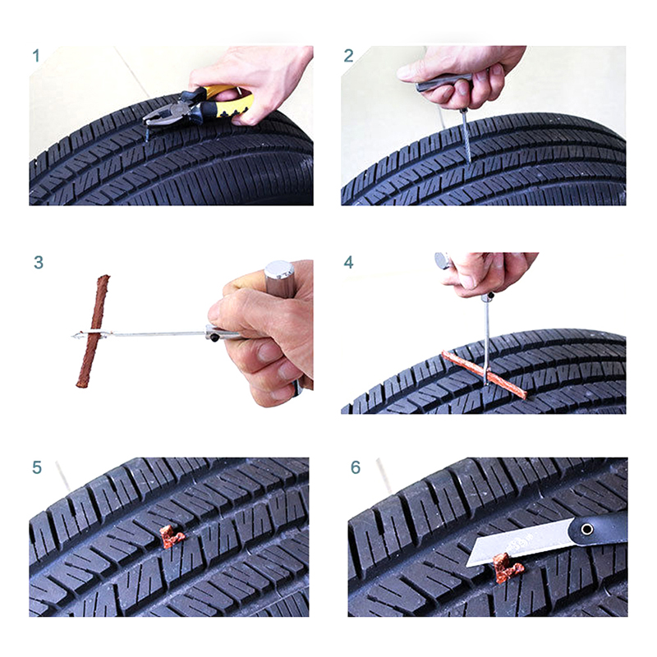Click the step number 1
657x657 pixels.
(36, 56)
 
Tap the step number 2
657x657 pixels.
(348, 56)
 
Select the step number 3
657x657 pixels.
(39, 263)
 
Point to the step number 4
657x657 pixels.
(348, 263)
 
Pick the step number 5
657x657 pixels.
(37, 467)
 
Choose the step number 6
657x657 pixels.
(356, 467)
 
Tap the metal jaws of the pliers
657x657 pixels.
(163, 113)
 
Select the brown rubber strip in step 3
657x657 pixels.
(93, 331)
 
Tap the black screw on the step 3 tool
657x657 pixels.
(214, 338)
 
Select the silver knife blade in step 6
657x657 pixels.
(520, 543)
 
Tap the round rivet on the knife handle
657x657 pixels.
(586, 529)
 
